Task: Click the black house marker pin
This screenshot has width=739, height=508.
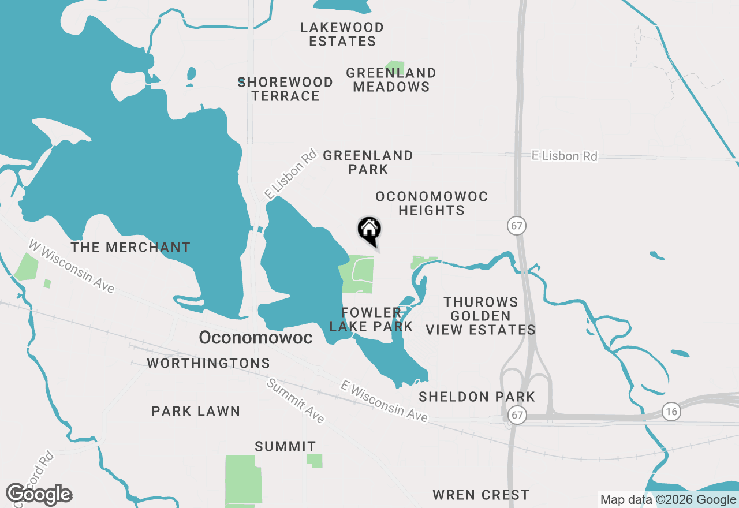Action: (369, 230)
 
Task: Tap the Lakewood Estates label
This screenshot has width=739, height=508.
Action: (342, 34)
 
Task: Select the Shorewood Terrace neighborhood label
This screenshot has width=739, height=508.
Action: (286, 89)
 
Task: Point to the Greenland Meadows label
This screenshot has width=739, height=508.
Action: (391, 80)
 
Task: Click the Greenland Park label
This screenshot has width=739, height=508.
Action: (368, 162)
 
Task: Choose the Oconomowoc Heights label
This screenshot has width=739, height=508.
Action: (431, 203)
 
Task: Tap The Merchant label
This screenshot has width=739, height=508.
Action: (130, 247)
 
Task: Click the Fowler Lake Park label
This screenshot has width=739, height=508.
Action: (371, 319)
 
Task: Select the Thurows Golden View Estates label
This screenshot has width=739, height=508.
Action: (480, 316)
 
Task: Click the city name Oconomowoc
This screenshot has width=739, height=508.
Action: (256, 338)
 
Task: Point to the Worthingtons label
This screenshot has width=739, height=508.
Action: (208, 363)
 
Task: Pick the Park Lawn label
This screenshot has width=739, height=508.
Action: (196, 411)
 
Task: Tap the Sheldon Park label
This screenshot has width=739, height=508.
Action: (477, 397)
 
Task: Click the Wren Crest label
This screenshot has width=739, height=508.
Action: (480, 495)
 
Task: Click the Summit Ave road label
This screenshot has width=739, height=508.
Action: (296, 401)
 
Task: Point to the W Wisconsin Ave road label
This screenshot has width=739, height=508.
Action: (72, 266)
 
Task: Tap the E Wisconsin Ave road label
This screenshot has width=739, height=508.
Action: (384, 401)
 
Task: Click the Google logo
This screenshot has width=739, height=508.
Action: (39, 494)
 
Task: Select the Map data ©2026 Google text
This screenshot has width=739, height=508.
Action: (668, 500)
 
